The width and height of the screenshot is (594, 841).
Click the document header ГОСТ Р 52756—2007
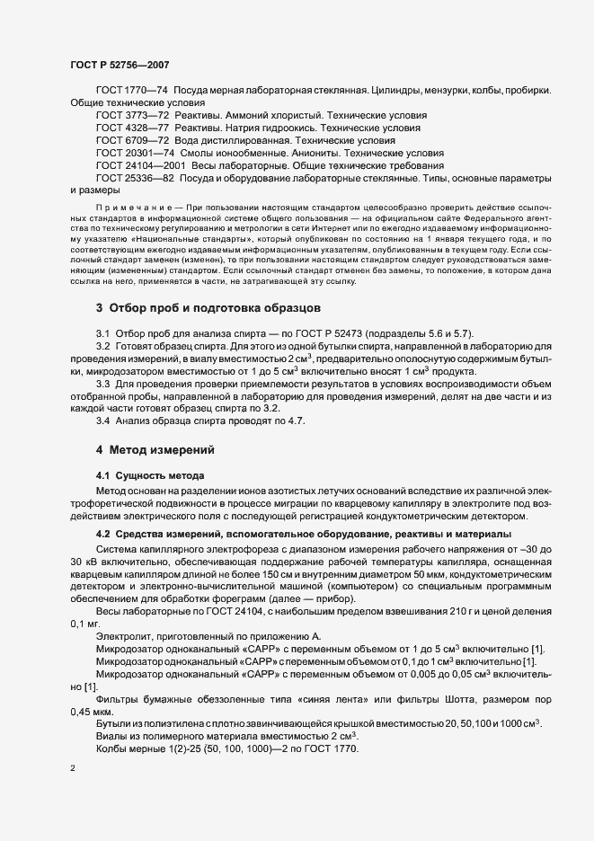pyautogui.click(x=119, y=65)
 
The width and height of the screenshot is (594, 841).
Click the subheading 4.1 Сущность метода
pyautogui.click(x=150, y=474)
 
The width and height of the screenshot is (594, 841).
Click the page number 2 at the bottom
pyautogui.click(x=73, y=768)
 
